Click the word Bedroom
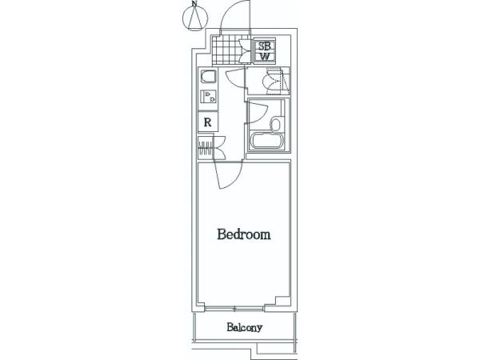click(x=244, y=234)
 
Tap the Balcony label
click(x=244, y=327)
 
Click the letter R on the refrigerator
click(x=207, y=122)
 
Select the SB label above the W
click(x=265, y=46)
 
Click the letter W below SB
click(x=265, y=56)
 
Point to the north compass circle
click(x=195, y=18)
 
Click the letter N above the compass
click(x=194, y=3)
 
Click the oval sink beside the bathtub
click(x=275, y=124)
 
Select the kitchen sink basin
click(x=208, y=77)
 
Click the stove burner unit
click(x=208, y=97)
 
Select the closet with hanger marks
click(x=206, y=148)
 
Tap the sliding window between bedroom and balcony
click(x=234, y=309)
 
